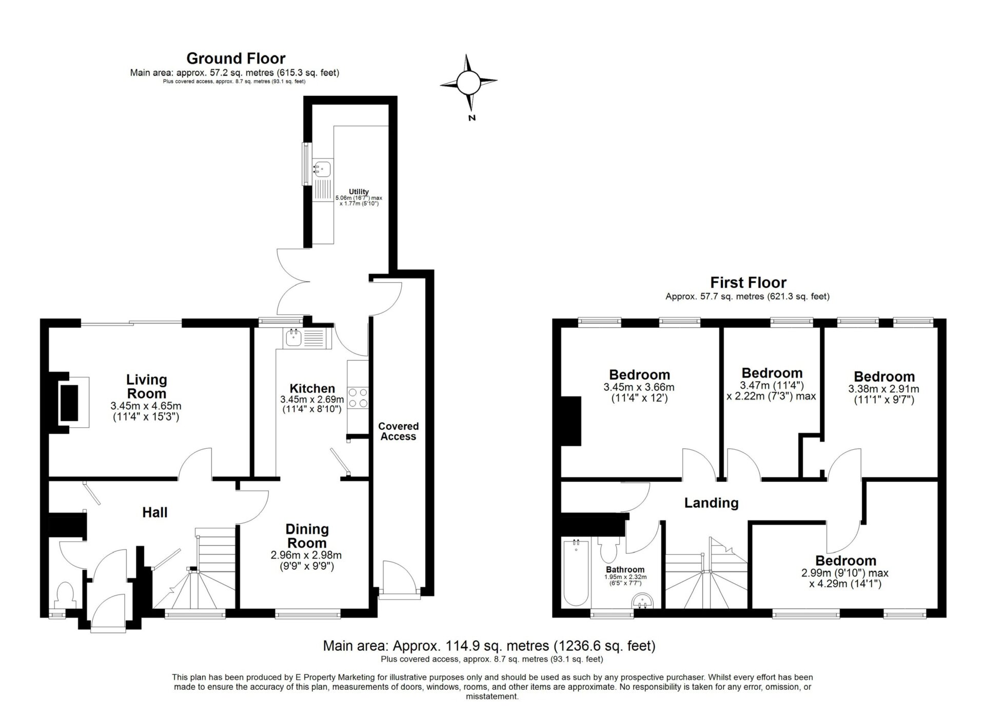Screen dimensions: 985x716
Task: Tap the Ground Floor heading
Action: click(235, 58)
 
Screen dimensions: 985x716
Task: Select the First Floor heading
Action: click(747, 282)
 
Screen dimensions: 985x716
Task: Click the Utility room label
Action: click(359, 192)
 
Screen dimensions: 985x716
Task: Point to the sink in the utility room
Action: click(323, 168)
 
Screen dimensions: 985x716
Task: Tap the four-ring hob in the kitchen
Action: click(358, 397)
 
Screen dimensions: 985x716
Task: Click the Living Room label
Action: click(146, 387)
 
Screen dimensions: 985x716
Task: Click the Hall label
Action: click(155, 512)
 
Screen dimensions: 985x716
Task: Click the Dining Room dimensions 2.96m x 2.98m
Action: click(306, 554)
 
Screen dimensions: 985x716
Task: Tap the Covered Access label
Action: click(398, 431)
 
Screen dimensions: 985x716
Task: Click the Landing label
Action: click(711, 503)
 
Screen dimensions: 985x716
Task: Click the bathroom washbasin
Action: click(642, 601)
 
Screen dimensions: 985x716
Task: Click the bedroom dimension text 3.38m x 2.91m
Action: click(883, 389)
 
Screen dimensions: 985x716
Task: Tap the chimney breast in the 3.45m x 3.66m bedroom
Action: click(571, 421)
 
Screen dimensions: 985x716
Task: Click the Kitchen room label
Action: click(312, 388)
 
